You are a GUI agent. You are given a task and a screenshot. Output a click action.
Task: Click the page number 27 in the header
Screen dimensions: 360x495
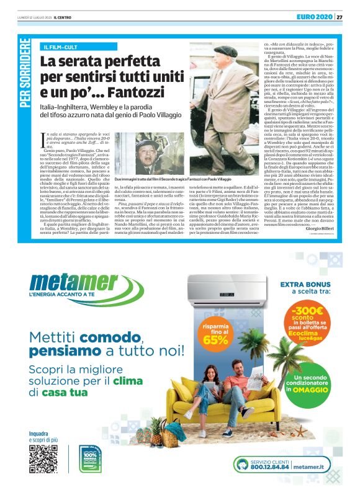coord(340,16)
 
